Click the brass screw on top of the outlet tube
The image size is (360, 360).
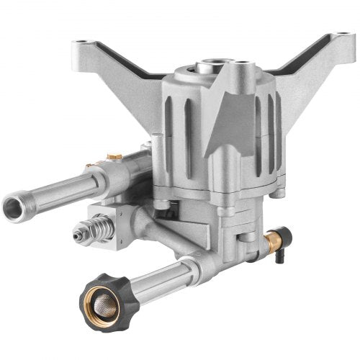[111, 156]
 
